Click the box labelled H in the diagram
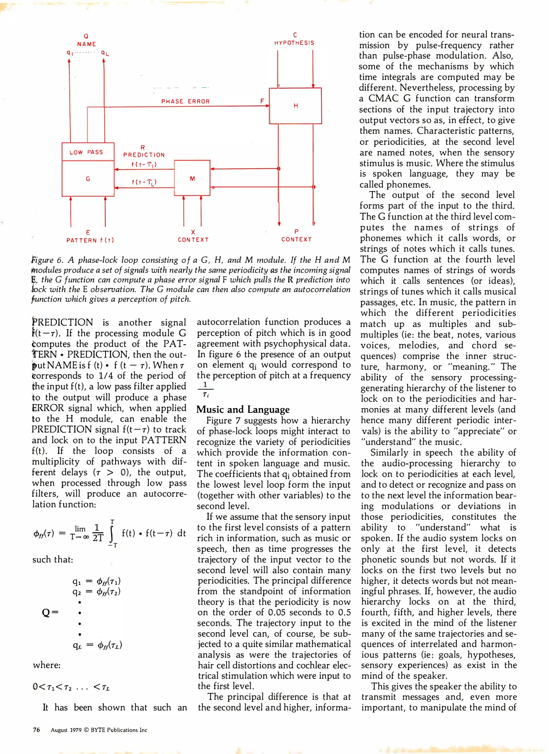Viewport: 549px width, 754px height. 295,106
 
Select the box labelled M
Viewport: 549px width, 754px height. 192,178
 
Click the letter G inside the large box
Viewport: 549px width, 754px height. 88,179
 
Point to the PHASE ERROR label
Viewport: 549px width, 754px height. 185,101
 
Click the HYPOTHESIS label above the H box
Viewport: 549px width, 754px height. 294,43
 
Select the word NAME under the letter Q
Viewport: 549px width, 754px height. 87,44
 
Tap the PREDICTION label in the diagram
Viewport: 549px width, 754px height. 144,155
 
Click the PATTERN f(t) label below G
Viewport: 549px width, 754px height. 90,240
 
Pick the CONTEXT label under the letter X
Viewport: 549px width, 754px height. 193,240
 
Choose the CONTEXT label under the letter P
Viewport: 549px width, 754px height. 296,239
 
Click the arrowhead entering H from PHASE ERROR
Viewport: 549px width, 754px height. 267,106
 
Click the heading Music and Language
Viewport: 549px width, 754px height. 243,409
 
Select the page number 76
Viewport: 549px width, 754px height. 36,730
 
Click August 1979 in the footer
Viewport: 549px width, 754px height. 66,730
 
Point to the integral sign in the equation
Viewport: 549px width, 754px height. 112,533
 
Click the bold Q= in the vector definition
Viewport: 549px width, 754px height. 50,612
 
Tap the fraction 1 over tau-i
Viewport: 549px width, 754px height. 206,390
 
